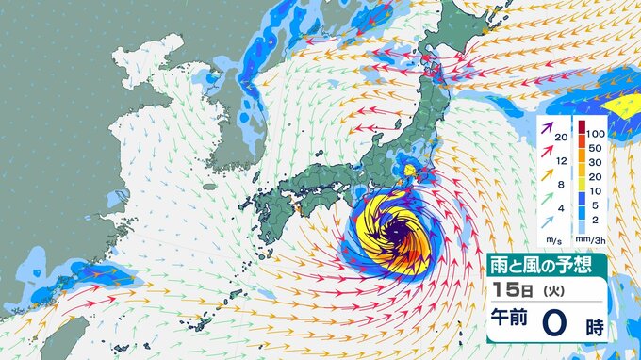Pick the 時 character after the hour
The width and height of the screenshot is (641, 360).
coord(596,326)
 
